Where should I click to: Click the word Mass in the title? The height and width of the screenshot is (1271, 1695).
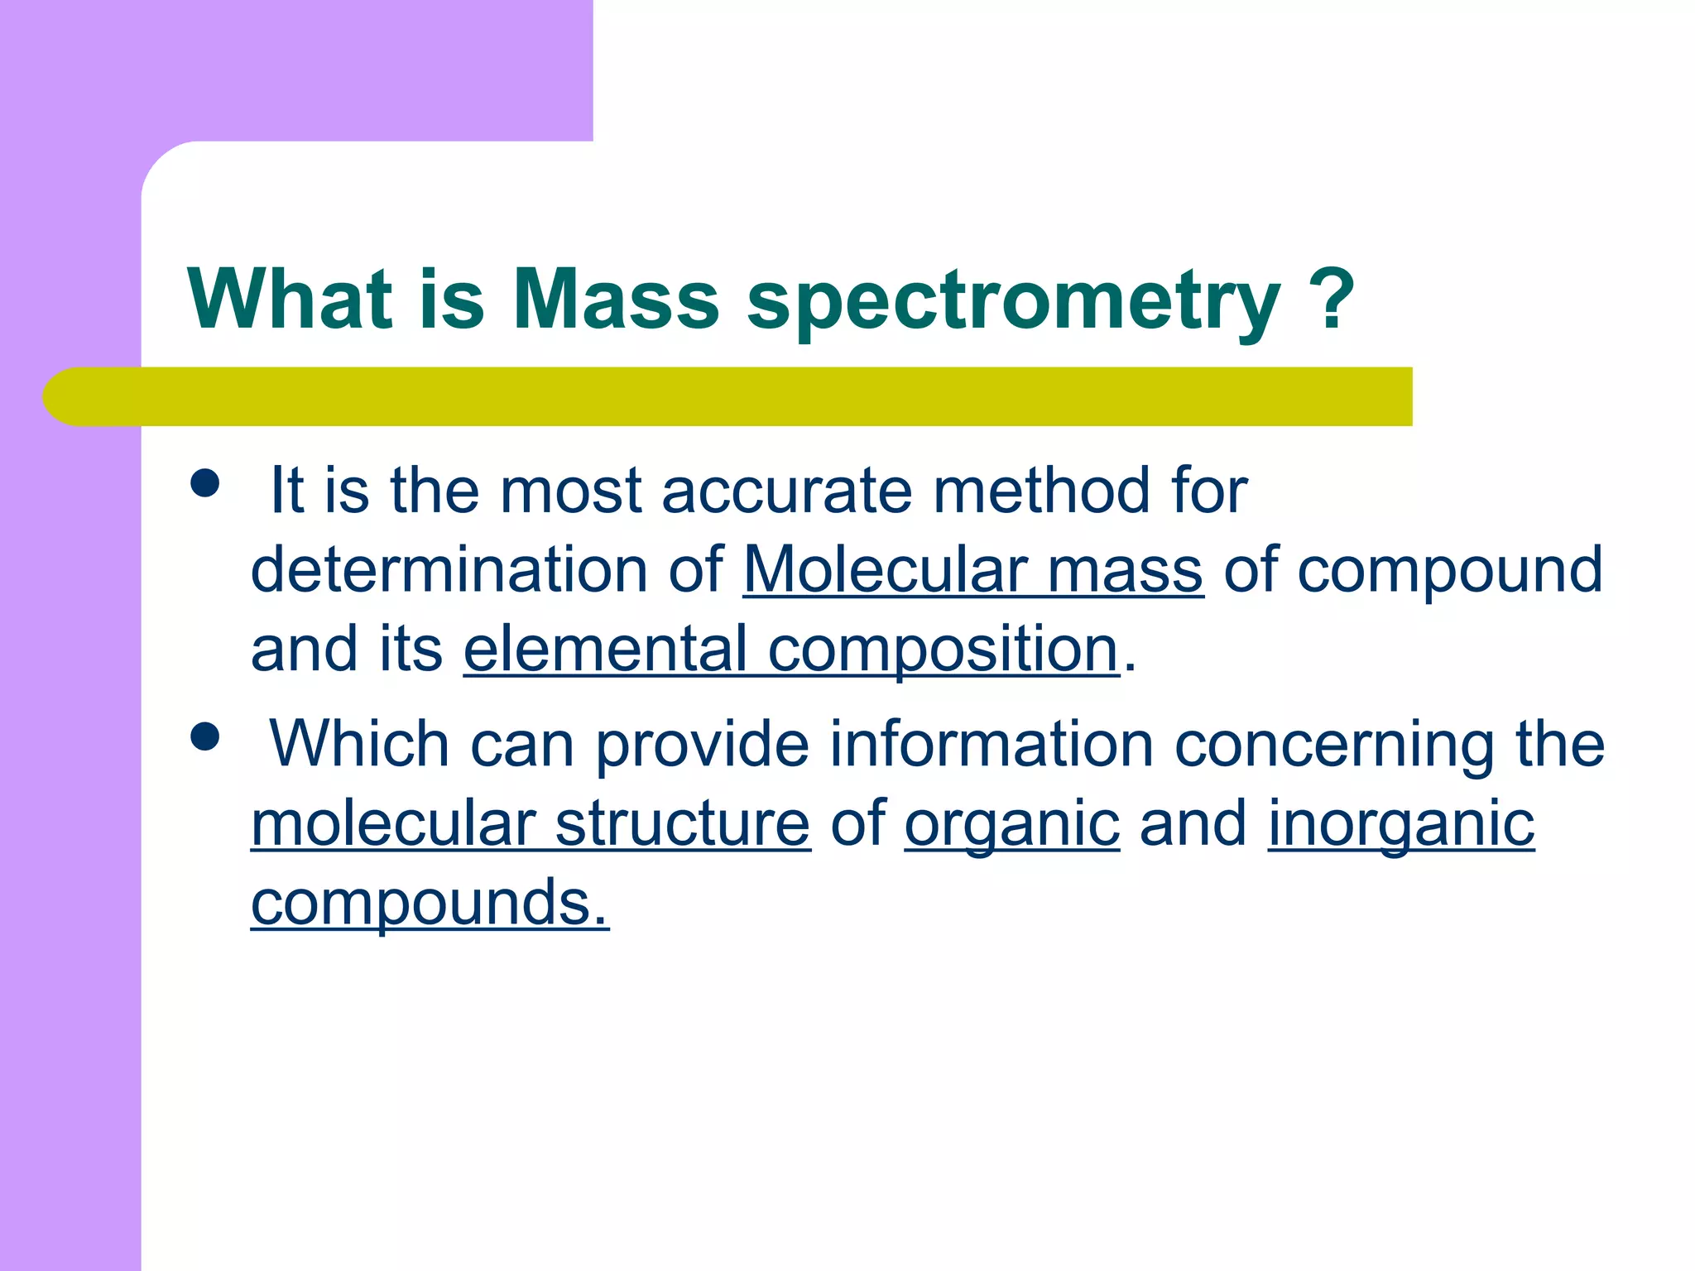pos(616,300)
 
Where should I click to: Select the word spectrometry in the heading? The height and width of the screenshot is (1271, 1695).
pos(1014,302)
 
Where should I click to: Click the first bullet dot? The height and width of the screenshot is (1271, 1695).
pos(204,483)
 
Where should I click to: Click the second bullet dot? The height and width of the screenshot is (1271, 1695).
pos(204,736)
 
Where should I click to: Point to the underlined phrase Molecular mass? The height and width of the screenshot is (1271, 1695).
pos(972,570)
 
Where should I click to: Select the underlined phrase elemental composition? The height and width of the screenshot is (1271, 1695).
pos(791,650)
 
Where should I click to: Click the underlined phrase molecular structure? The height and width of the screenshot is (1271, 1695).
pos(531,824)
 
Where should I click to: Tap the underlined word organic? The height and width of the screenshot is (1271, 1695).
pos(1011,826)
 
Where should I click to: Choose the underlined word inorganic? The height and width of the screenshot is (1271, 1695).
pos(1401,826)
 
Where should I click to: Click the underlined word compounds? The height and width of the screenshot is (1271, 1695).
pos(429,904)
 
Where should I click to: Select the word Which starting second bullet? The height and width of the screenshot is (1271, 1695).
pos(359,744)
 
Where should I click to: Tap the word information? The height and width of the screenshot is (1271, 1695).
pos(992,744)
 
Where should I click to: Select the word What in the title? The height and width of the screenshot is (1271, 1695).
pos(290,300)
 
